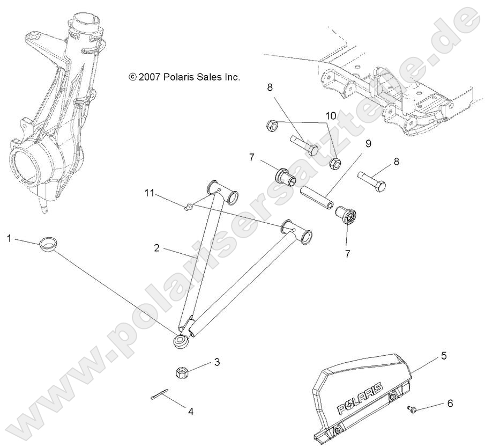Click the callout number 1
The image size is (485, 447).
pyautogui.click(x=9, y=237)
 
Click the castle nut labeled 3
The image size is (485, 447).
pyautogui.click(x=181, y=371)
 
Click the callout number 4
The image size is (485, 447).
pyautogui.click(x=190, y=412)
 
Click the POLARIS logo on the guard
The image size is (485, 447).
pyautogui.click(x=360, y=399)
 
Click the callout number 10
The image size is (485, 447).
pyautogui.click(x=331, y=115)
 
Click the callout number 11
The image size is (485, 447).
pyautogui.click(x=150, y=192)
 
